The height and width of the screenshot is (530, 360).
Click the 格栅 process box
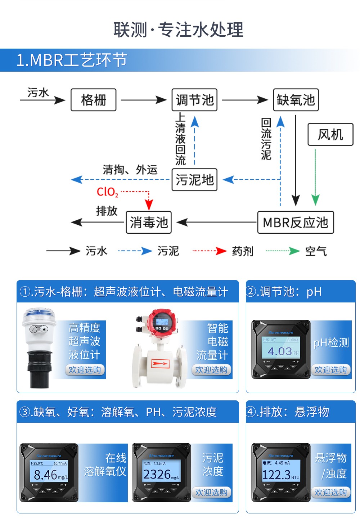tap(94, 100)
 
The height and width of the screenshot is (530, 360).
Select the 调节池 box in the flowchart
tap(194, 100)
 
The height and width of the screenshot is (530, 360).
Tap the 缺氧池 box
tap(296, 100)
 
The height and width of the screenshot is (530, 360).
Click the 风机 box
tap(330, 135)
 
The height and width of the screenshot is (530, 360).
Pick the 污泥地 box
tap(194, 179)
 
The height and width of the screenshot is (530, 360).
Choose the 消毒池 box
tap(148, 222)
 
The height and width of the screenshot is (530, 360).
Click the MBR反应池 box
tap(296, 222)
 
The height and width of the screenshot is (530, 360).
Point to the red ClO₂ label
tap(107, 192)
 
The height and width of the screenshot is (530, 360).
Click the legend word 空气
tap(316, 251)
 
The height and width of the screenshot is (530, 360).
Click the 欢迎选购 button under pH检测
tap(330, 370)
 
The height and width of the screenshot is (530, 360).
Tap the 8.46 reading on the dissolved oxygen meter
tap(46, 475)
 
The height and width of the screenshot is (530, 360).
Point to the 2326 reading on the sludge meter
tap(157, 474)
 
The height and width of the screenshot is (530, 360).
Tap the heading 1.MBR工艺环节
tap(72, 60)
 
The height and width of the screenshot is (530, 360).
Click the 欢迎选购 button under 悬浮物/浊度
tap(330, 492)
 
